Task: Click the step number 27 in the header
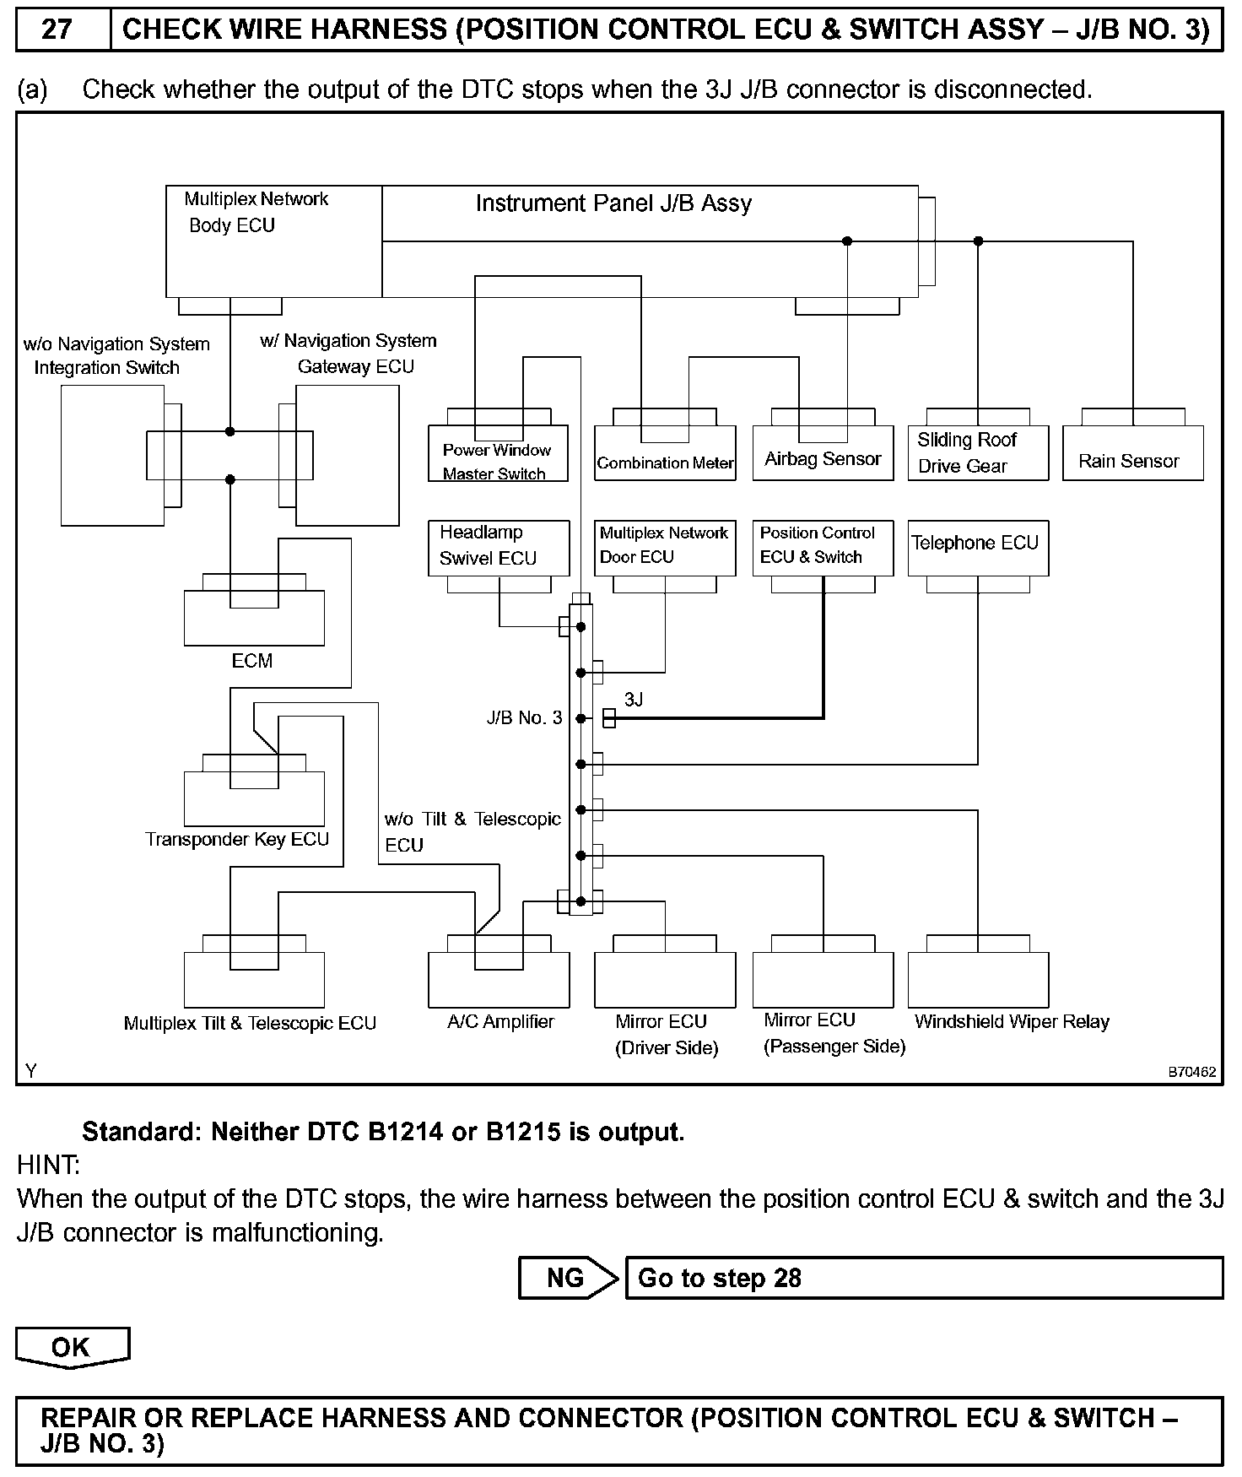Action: (57, 30)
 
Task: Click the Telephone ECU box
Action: (978, 548)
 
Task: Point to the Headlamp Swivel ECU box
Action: (499, 548)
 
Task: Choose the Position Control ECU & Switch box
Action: (823, 548)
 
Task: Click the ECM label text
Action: (252, 661)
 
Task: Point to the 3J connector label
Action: (634, 700)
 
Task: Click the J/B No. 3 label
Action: (524, 718)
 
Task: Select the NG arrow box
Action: (567, 1278)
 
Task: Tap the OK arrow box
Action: (72, 1347)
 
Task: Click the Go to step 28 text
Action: (720, 1278)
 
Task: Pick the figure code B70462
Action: (1191, 1073)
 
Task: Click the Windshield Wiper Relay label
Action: (1012, 1022)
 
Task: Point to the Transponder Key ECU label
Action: (237, 840)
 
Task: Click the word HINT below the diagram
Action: (48, 1166)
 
